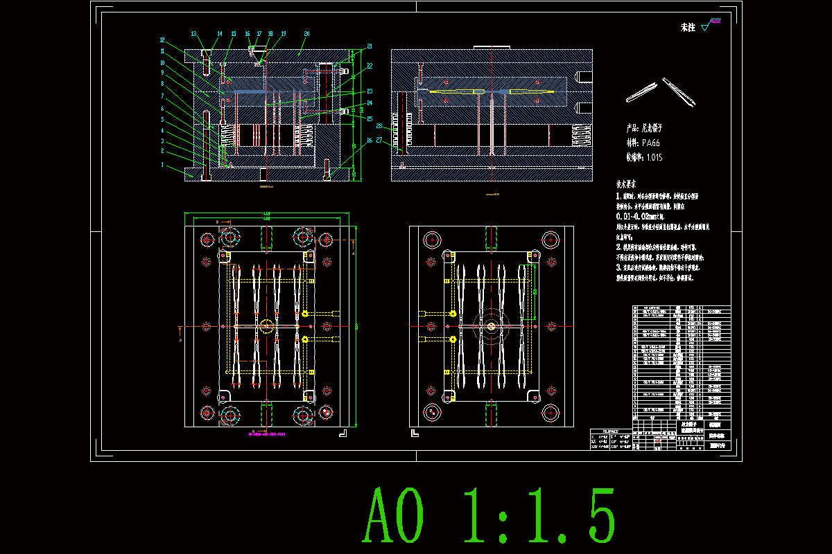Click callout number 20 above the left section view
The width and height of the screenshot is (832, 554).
[x=306, y=33]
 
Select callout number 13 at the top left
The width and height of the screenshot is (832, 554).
[x=194, y=33]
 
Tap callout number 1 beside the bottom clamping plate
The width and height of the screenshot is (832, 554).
[x=162, y=165]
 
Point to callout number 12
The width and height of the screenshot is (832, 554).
[x=162, y=39]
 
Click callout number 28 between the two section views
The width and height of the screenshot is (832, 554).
[x=380, y=126]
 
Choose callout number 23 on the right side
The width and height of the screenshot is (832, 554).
[x=370, y=91]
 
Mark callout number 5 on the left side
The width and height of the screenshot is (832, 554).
[x=162, y=119]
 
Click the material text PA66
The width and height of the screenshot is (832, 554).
[x=652, y=142]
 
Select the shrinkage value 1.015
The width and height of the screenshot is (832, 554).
[x=654, y=157]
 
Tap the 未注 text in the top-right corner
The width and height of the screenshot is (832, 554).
[x=688, y=28]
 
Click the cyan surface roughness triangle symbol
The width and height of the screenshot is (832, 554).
[x=706, y=28]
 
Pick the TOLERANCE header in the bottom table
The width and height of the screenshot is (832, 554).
[x=611, y=431]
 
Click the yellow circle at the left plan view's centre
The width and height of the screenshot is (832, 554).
[x=267, y=326]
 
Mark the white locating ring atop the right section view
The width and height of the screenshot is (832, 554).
[x=492, y=47]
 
